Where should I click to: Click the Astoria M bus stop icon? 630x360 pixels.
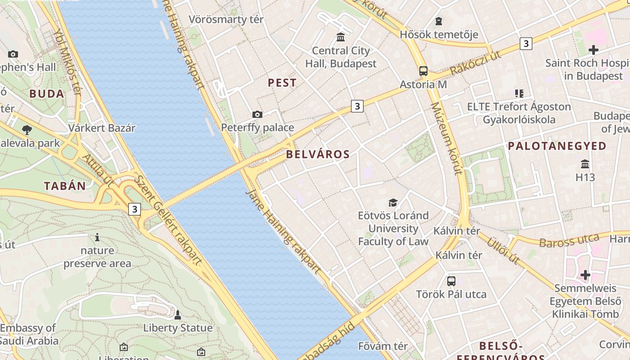click(x=423, y=71)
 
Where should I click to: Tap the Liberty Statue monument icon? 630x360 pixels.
click(x=178, y=315)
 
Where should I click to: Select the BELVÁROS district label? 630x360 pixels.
click(x=318, y=154)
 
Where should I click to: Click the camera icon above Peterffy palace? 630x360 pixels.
click(x=257, y=114)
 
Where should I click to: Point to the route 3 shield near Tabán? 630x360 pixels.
click(x=134, y=209)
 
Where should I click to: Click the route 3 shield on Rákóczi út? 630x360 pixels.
click(x=526, y=44)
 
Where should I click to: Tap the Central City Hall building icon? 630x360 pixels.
click(x=341, y=37)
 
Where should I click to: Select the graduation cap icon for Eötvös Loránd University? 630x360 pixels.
click(x=393, y=202)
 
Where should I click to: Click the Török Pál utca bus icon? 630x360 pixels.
click(x=451, y=281)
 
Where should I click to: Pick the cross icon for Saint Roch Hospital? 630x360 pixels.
click(x=593, y=49)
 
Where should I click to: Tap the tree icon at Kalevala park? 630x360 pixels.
click(x=27, y=130)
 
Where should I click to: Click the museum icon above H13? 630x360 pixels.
click(x=585, y=164)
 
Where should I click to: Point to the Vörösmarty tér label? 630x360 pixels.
click(x=226, y=19)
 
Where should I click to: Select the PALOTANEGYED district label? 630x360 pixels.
click(x=557, y=146)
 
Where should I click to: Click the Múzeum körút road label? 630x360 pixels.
click(x=446, y=138)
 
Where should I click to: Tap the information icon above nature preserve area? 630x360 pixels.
click(x=97, y=237)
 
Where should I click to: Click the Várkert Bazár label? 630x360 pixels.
click(x=102, y=128)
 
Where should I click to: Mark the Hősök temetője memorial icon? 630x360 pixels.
click(x=438, y=21)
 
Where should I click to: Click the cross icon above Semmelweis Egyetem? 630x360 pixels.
click(x=585, y=274)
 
